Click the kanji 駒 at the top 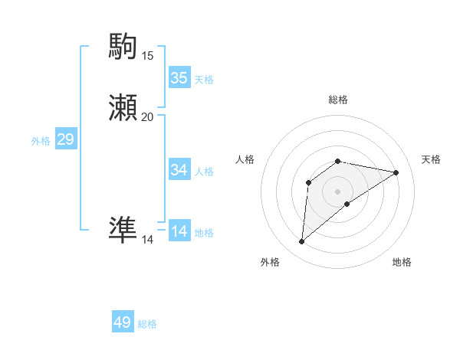click(123, 47)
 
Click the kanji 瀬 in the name click(123, 108)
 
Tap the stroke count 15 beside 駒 click(147, 56)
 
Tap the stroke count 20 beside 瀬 click(147, 117)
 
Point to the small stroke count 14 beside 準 click(147, 240)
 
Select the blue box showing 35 click(179, 77)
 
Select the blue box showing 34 click(179, 169)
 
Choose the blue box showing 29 click(66, 139)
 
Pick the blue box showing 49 click(123, 322)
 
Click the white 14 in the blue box click(179, 231)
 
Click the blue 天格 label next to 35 click(204, 79)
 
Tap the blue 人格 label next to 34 click(204, 171)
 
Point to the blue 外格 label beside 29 click(41, 141)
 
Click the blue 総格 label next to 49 click(147, 324)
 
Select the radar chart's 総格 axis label click(338, 100)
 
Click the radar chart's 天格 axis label click(431, 159)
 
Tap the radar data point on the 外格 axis click(302, 242)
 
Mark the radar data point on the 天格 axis click(396, 172)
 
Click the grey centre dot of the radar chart click(338, 191)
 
